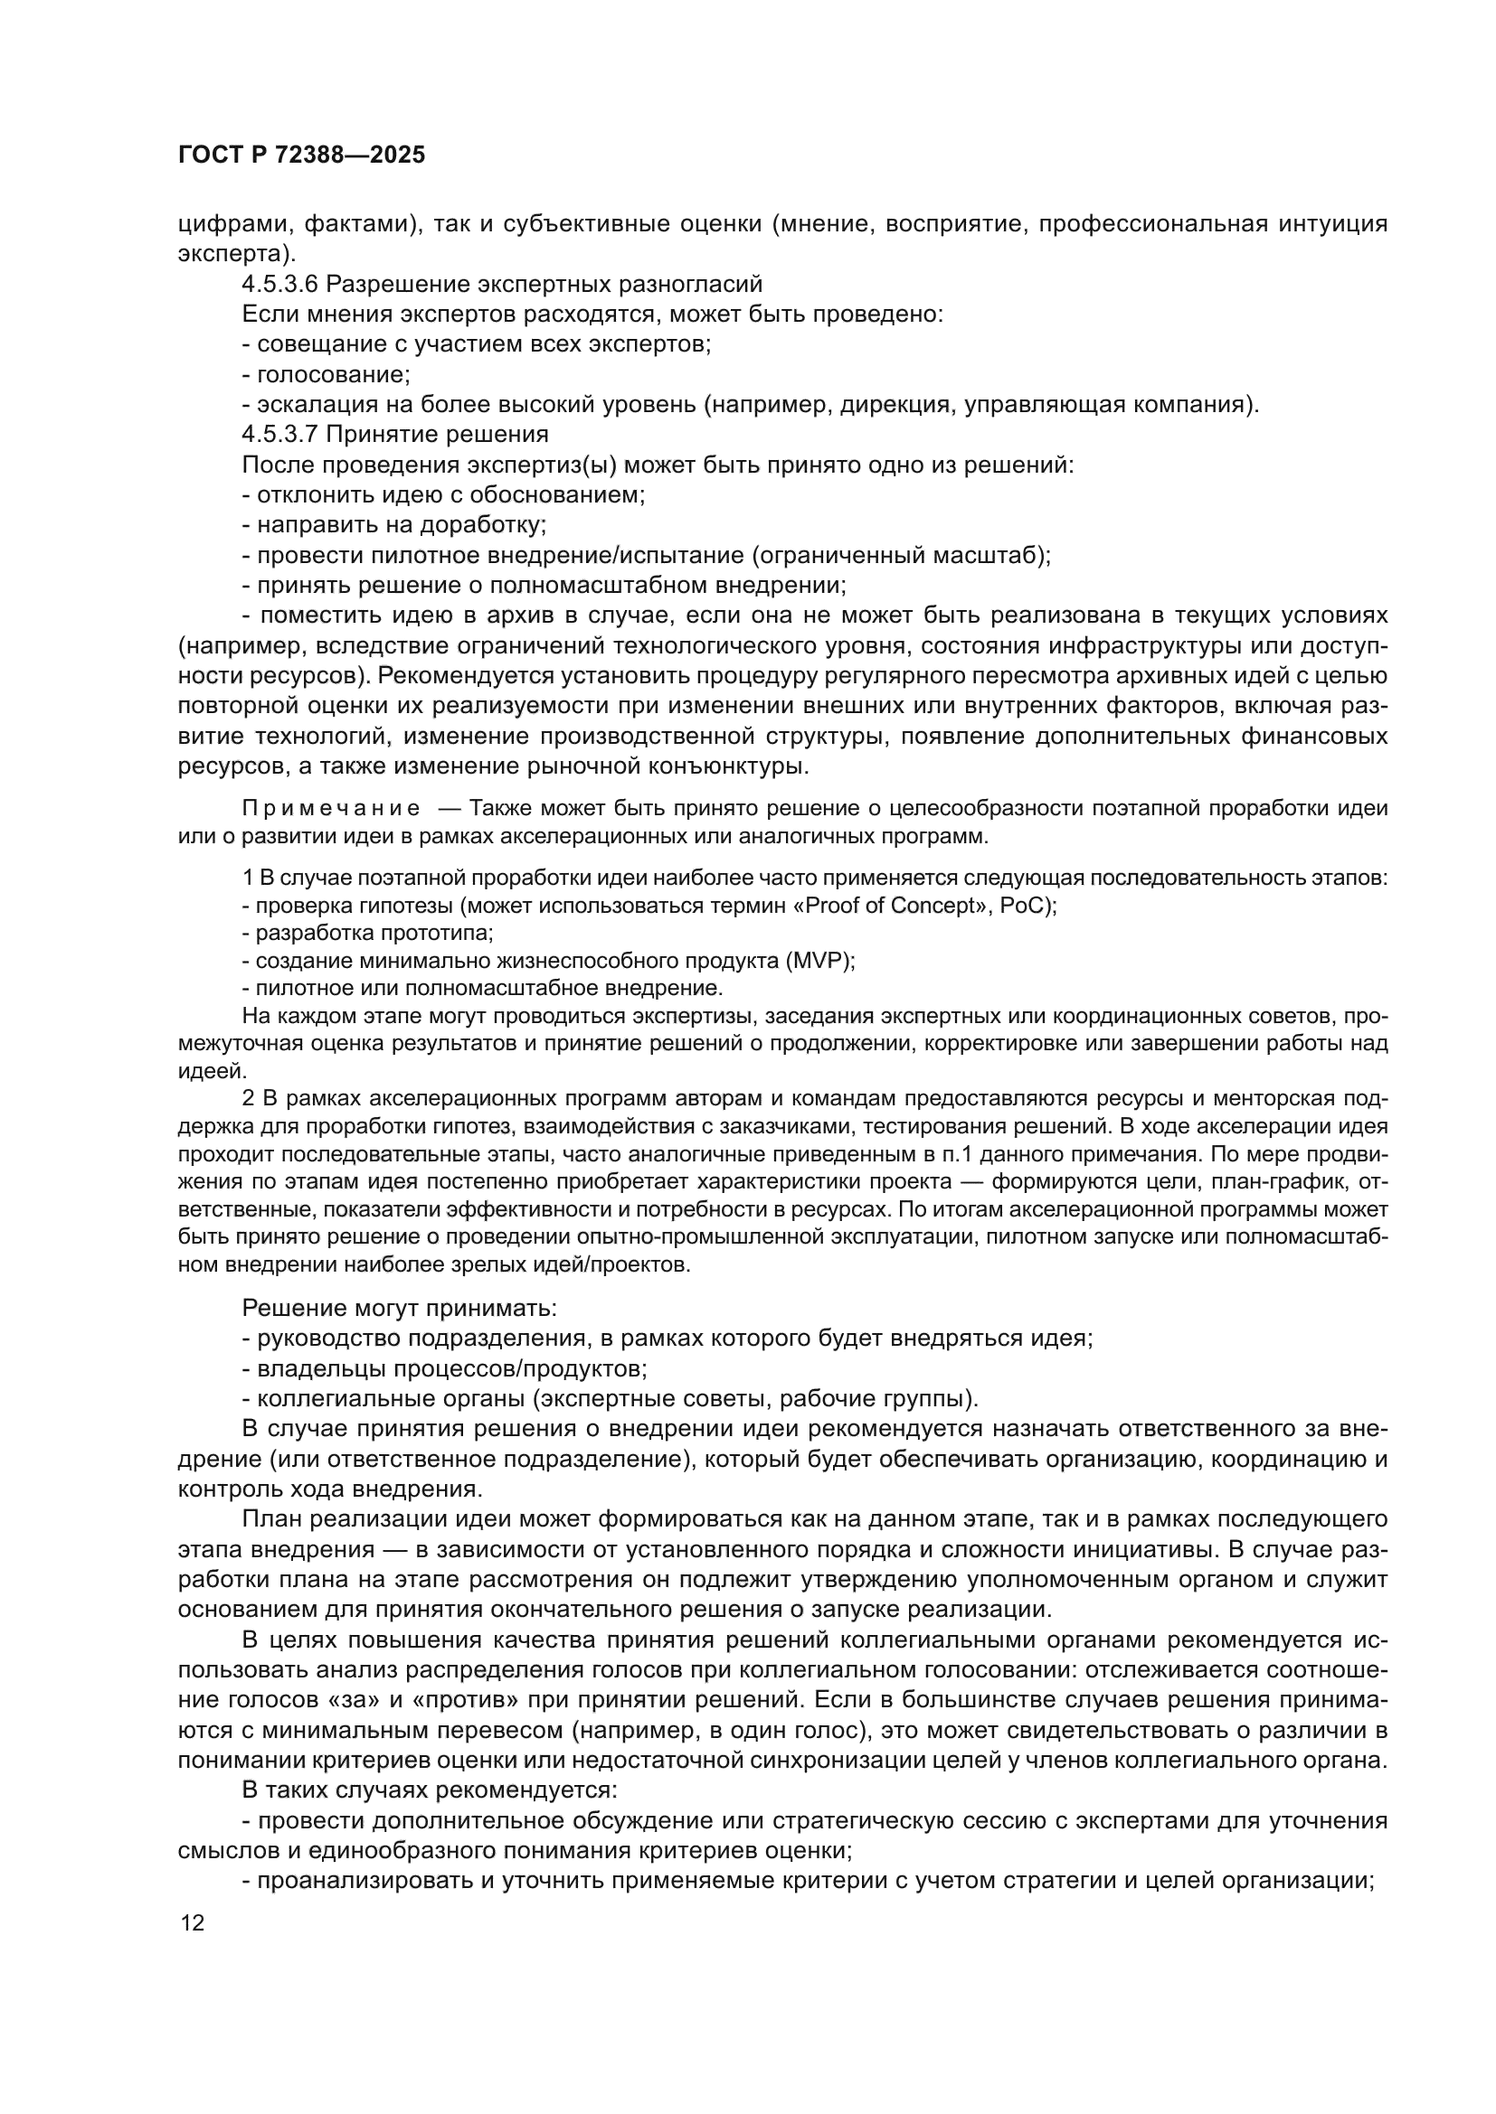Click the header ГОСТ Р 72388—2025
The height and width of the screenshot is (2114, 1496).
click(x=301, y=155)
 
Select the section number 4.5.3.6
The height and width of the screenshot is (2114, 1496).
click(x=279, y=284)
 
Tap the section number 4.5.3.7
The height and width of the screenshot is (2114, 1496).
click(x=279, y=434)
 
